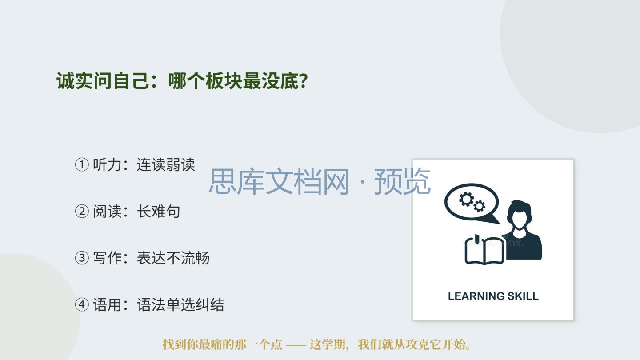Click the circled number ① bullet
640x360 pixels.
pyautogui.click(x=82, y=165)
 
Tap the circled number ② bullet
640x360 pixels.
pyautogui.click(x=82, y=212)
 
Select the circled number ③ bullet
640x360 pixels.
pyautogui.click(x=82, y=258)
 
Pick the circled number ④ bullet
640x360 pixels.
pyautogui.click(x=82, y=304)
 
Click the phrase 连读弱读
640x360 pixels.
pyautogui.click(x=166, y=165)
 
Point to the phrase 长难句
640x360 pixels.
pyautogui.click(x=159, y=212)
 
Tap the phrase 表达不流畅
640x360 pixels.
pyautogui.click(x=173, y=258)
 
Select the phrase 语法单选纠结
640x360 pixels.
pyautogui.click(x=180, y=304)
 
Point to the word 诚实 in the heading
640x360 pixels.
pyautogui.click(x=75, y=81)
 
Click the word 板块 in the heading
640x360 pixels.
pyautogui.click(x=224, y=81)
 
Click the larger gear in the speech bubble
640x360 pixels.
pyautogui.click(x=466, y=199)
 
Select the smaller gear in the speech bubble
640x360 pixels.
pyautogui.click(x=479, y=206)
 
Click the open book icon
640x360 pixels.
pyautogui.click(x=484, y=250)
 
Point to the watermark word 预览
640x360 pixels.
pyautogui.click(x=402, y=181)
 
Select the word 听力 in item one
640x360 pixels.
pyautogui.click(x=107, y=165)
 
